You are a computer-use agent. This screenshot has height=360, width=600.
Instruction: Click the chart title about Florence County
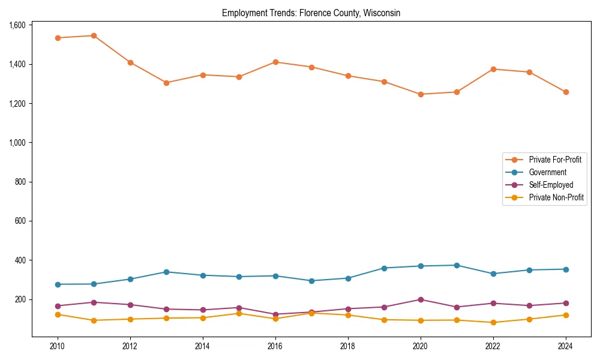coord(311,13)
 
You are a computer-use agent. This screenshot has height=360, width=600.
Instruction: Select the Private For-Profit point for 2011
coord(94,35)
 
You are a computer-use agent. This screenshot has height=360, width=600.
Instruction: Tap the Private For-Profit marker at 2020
coord(421,94)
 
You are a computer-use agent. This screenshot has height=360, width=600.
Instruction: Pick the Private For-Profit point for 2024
coord(566,92)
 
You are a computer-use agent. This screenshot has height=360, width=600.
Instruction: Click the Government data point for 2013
coord(166,272)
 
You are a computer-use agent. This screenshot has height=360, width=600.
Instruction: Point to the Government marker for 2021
coord(457,265)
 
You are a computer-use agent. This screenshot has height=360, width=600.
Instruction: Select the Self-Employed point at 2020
coord(421,299)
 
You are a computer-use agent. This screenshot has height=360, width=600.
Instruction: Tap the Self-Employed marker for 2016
coord(275,314)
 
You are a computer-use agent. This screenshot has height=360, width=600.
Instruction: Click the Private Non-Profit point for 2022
coord(493,322)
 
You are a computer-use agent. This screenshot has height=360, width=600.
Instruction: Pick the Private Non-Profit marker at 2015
coord(239,313)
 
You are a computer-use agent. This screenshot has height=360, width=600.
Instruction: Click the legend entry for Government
coord(547,172)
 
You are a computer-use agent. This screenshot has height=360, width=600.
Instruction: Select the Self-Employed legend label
coord(551,185)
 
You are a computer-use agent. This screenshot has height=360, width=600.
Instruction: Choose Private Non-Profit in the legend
coord(556,197)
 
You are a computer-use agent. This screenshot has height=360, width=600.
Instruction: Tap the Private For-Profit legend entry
coord(555,160)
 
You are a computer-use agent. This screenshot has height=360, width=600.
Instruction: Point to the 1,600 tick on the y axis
coord(17,25)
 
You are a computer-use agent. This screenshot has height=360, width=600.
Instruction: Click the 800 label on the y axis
coord(20,182)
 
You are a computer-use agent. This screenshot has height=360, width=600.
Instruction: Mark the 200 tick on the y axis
coord(20,299)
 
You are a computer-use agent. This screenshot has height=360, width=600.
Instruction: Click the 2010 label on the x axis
coord(58,346)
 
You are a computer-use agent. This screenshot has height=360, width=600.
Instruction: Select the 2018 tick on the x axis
coord(348,346)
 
